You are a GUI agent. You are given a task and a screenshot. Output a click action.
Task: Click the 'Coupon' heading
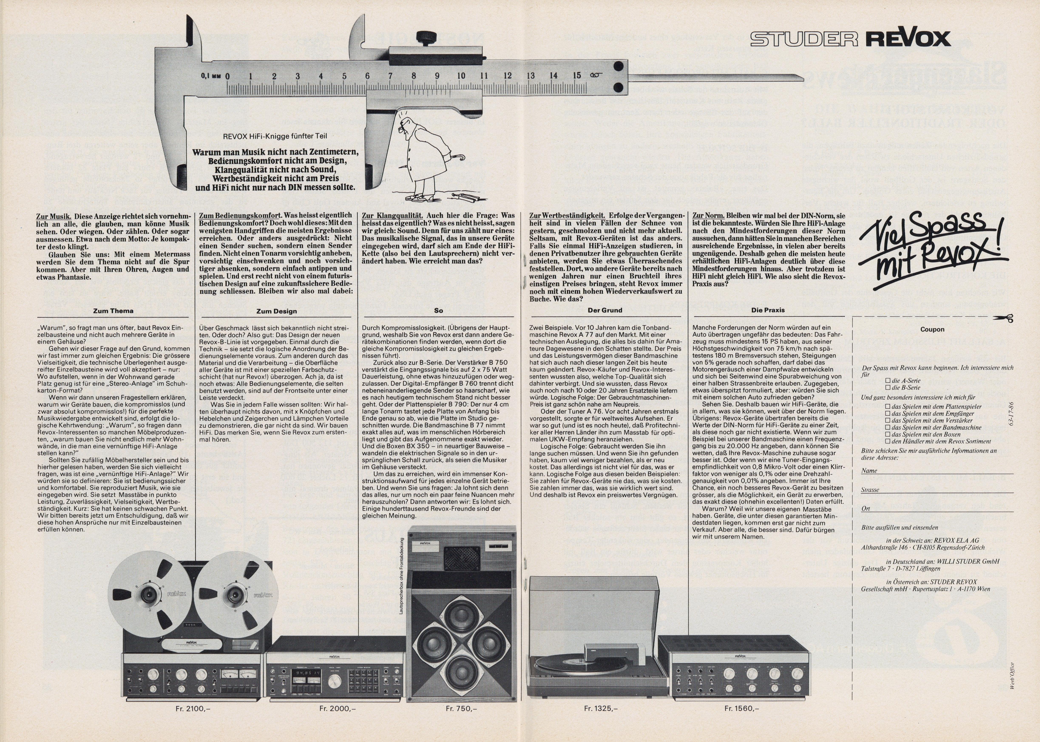[932, 329]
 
